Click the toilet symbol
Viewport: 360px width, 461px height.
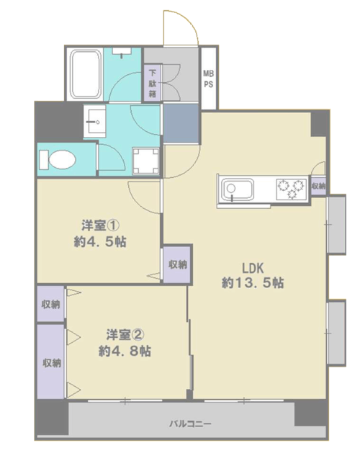[x=58, y=160]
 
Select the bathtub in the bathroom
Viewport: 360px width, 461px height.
[x=85, y=74]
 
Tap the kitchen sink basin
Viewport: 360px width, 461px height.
[x=238, y=189]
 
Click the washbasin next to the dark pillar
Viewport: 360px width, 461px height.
[x=94, y=120]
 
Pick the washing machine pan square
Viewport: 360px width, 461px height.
[x=145, y=160]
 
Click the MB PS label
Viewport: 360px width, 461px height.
[x=208, y=79]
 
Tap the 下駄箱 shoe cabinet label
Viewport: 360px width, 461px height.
[x=152, y=83]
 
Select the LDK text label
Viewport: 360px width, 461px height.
[x=253, y=268]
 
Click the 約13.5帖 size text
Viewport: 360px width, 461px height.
[x=253, y=283]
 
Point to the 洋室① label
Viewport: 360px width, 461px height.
[x=100, y=225]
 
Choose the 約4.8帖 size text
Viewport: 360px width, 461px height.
[x=125, y=351]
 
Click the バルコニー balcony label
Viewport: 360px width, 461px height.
[x=190, y=424]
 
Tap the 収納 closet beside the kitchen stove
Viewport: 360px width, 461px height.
[x=318, y=186]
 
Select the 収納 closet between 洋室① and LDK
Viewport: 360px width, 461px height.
[x=178, y=264]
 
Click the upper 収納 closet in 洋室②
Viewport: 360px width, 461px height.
[x=50, y=304]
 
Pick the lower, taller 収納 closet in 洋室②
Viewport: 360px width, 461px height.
[x=50, y=362]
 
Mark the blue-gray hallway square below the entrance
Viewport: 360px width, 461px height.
[x=181, y=123]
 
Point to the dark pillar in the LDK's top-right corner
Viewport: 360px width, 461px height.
[x=319, y=124]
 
